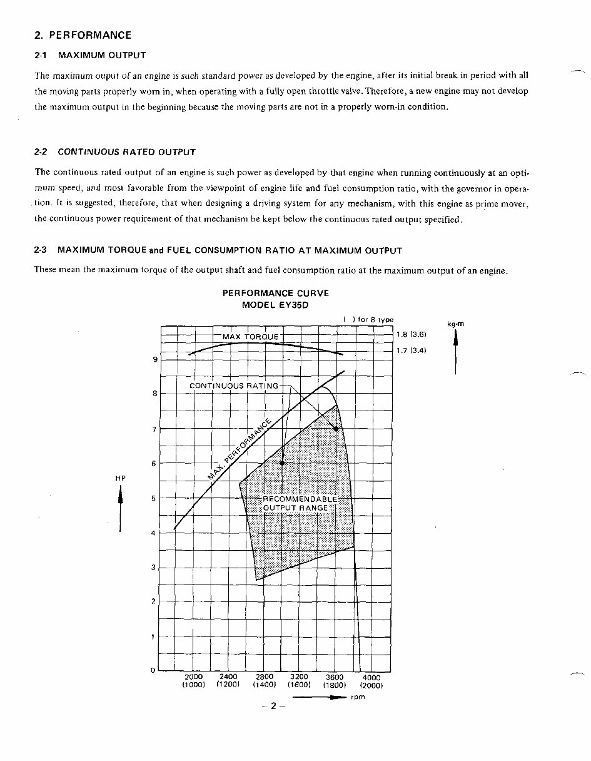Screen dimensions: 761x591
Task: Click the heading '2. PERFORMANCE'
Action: (83, 35)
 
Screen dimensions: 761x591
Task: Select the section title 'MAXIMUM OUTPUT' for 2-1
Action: (102, 56)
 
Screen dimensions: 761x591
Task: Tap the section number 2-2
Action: (41, 152)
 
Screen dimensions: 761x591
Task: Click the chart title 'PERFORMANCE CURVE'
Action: (276, 293)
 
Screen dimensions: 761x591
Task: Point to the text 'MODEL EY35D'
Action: (276, 305)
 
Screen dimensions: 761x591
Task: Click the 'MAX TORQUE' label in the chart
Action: (251, 337)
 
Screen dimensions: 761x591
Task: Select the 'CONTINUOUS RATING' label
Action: (234, 386)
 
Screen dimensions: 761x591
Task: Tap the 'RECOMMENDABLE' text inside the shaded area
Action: (300, 499)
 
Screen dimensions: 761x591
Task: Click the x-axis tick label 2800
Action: (265, 677)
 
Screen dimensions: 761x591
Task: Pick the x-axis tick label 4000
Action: (371, 677)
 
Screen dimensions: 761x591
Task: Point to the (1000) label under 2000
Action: (194, 685)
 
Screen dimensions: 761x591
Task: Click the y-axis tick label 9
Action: (154, 359)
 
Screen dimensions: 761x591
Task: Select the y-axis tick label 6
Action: (154, 464)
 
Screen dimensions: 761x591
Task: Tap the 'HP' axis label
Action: (120, 478)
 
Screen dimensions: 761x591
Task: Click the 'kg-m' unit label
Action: (455, 324)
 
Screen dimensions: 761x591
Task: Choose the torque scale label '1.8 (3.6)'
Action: (411, 335)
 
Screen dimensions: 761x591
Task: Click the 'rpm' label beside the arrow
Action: (358, 697)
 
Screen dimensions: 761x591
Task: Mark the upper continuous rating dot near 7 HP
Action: (336, 429)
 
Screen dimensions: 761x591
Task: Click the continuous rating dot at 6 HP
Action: (283, 463)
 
